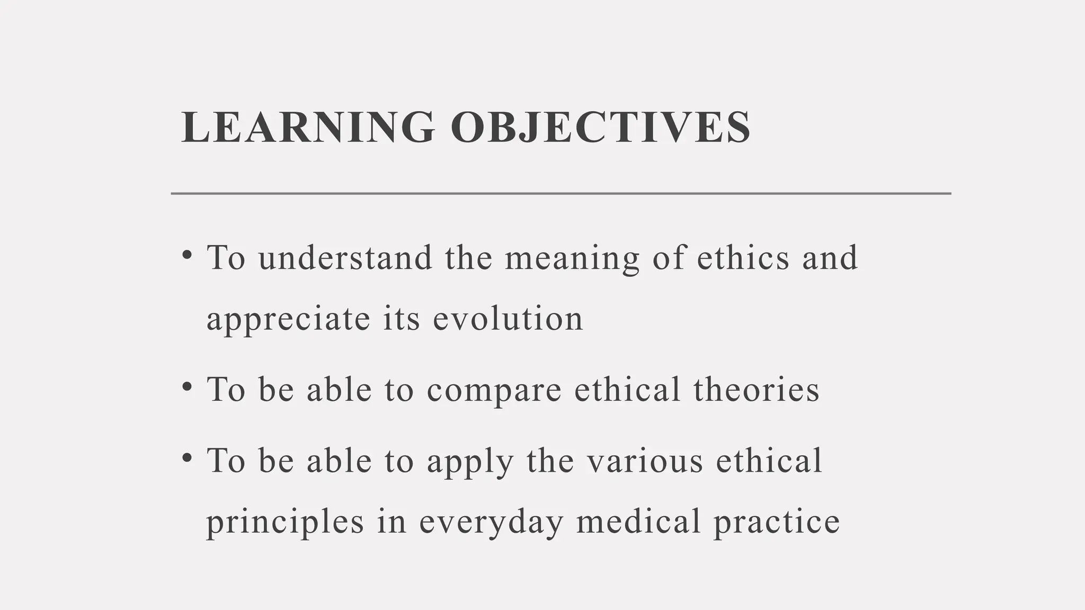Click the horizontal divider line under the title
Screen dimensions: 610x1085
[561, 194]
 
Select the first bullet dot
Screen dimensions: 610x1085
[186, 255]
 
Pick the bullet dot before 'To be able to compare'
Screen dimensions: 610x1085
[186, 387]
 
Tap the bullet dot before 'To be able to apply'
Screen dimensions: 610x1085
[186, 457]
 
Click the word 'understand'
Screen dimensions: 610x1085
[345, 258]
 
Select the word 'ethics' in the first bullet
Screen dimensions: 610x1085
[743, 258]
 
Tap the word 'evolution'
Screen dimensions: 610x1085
[508, 319]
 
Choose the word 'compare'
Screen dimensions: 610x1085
[494, 391]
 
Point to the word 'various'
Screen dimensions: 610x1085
[645, 460]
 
